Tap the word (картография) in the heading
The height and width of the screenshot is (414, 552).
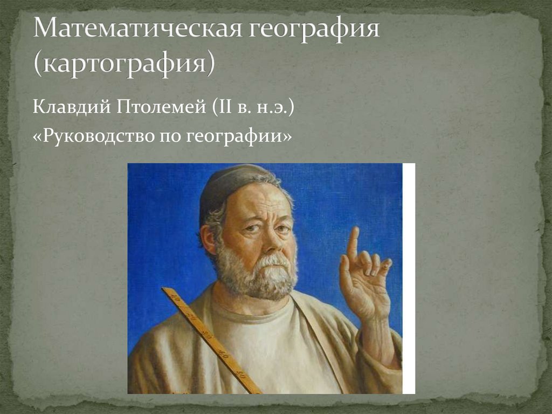tap(125, 63)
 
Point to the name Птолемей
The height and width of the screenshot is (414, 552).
tap(157, 106)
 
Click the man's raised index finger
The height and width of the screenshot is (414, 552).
tap(353, 243)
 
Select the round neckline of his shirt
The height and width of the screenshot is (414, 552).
tap(253, 313)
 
